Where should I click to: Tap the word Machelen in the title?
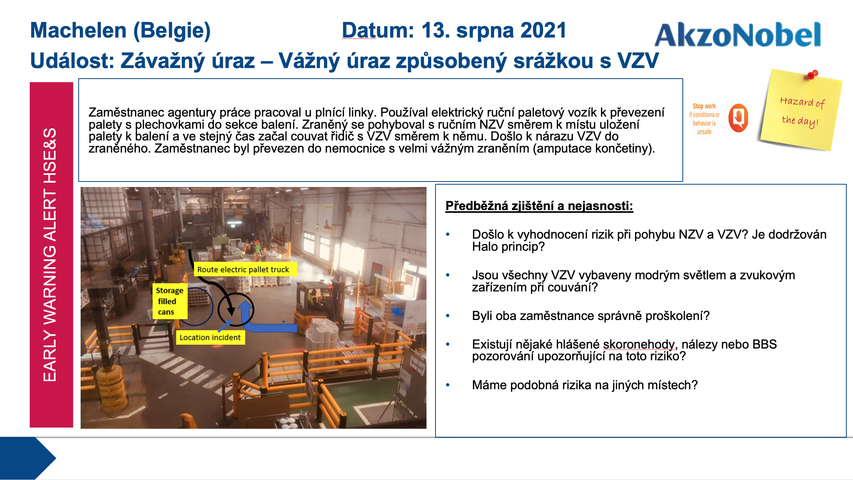(78, 31)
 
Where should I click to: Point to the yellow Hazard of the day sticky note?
(801, 110)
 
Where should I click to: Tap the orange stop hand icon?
(738, 118)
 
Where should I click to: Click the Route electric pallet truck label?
(243, 270)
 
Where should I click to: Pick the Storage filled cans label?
(170, 301)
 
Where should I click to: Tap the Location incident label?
(210, 337)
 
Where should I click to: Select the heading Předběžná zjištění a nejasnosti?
(539, 206)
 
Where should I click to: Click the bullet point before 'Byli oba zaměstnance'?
(448, 316)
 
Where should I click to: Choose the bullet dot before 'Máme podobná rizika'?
(448, 385)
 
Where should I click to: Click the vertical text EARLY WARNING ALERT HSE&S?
(50, 255)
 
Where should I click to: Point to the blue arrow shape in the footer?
(28, 458)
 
